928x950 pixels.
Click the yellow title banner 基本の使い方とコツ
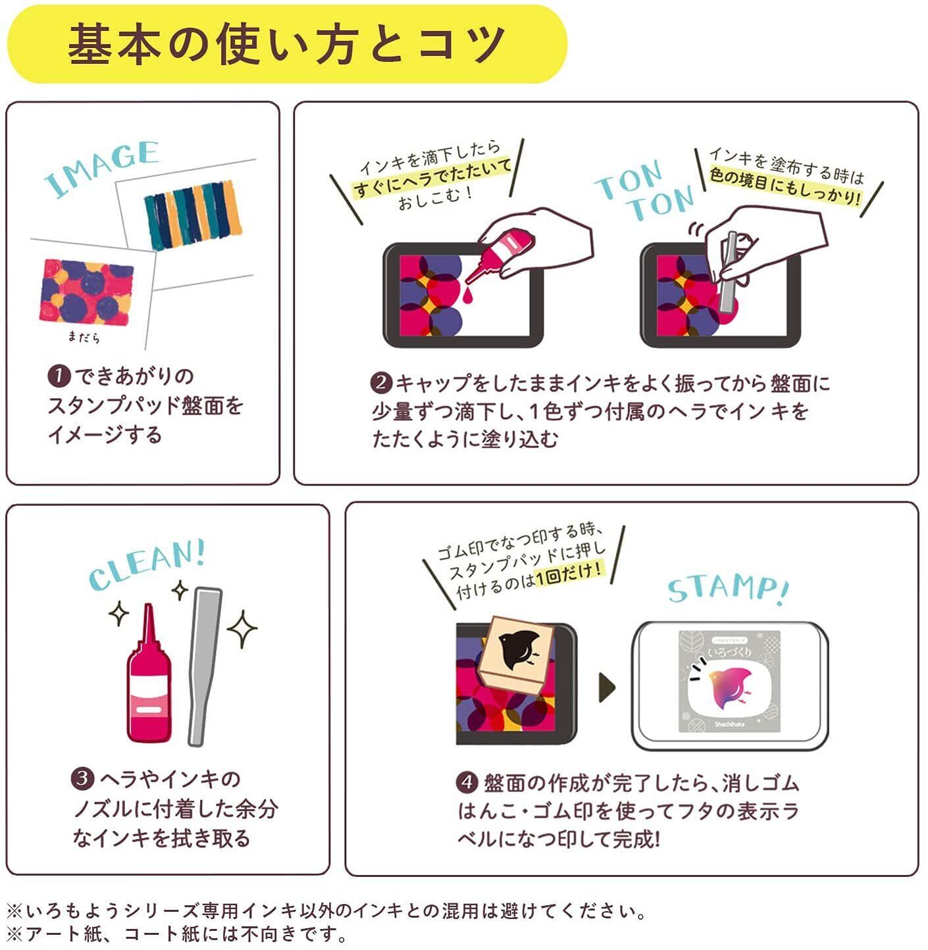point(286,45)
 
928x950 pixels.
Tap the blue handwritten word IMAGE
point(102,168)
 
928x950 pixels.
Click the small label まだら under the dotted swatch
point(84,337)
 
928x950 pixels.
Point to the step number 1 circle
point(59,377)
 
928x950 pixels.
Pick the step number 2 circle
point(381,384)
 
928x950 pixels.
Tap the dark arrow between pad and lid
point(607,687)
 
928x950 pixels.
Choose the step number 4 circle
point(466,783)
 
